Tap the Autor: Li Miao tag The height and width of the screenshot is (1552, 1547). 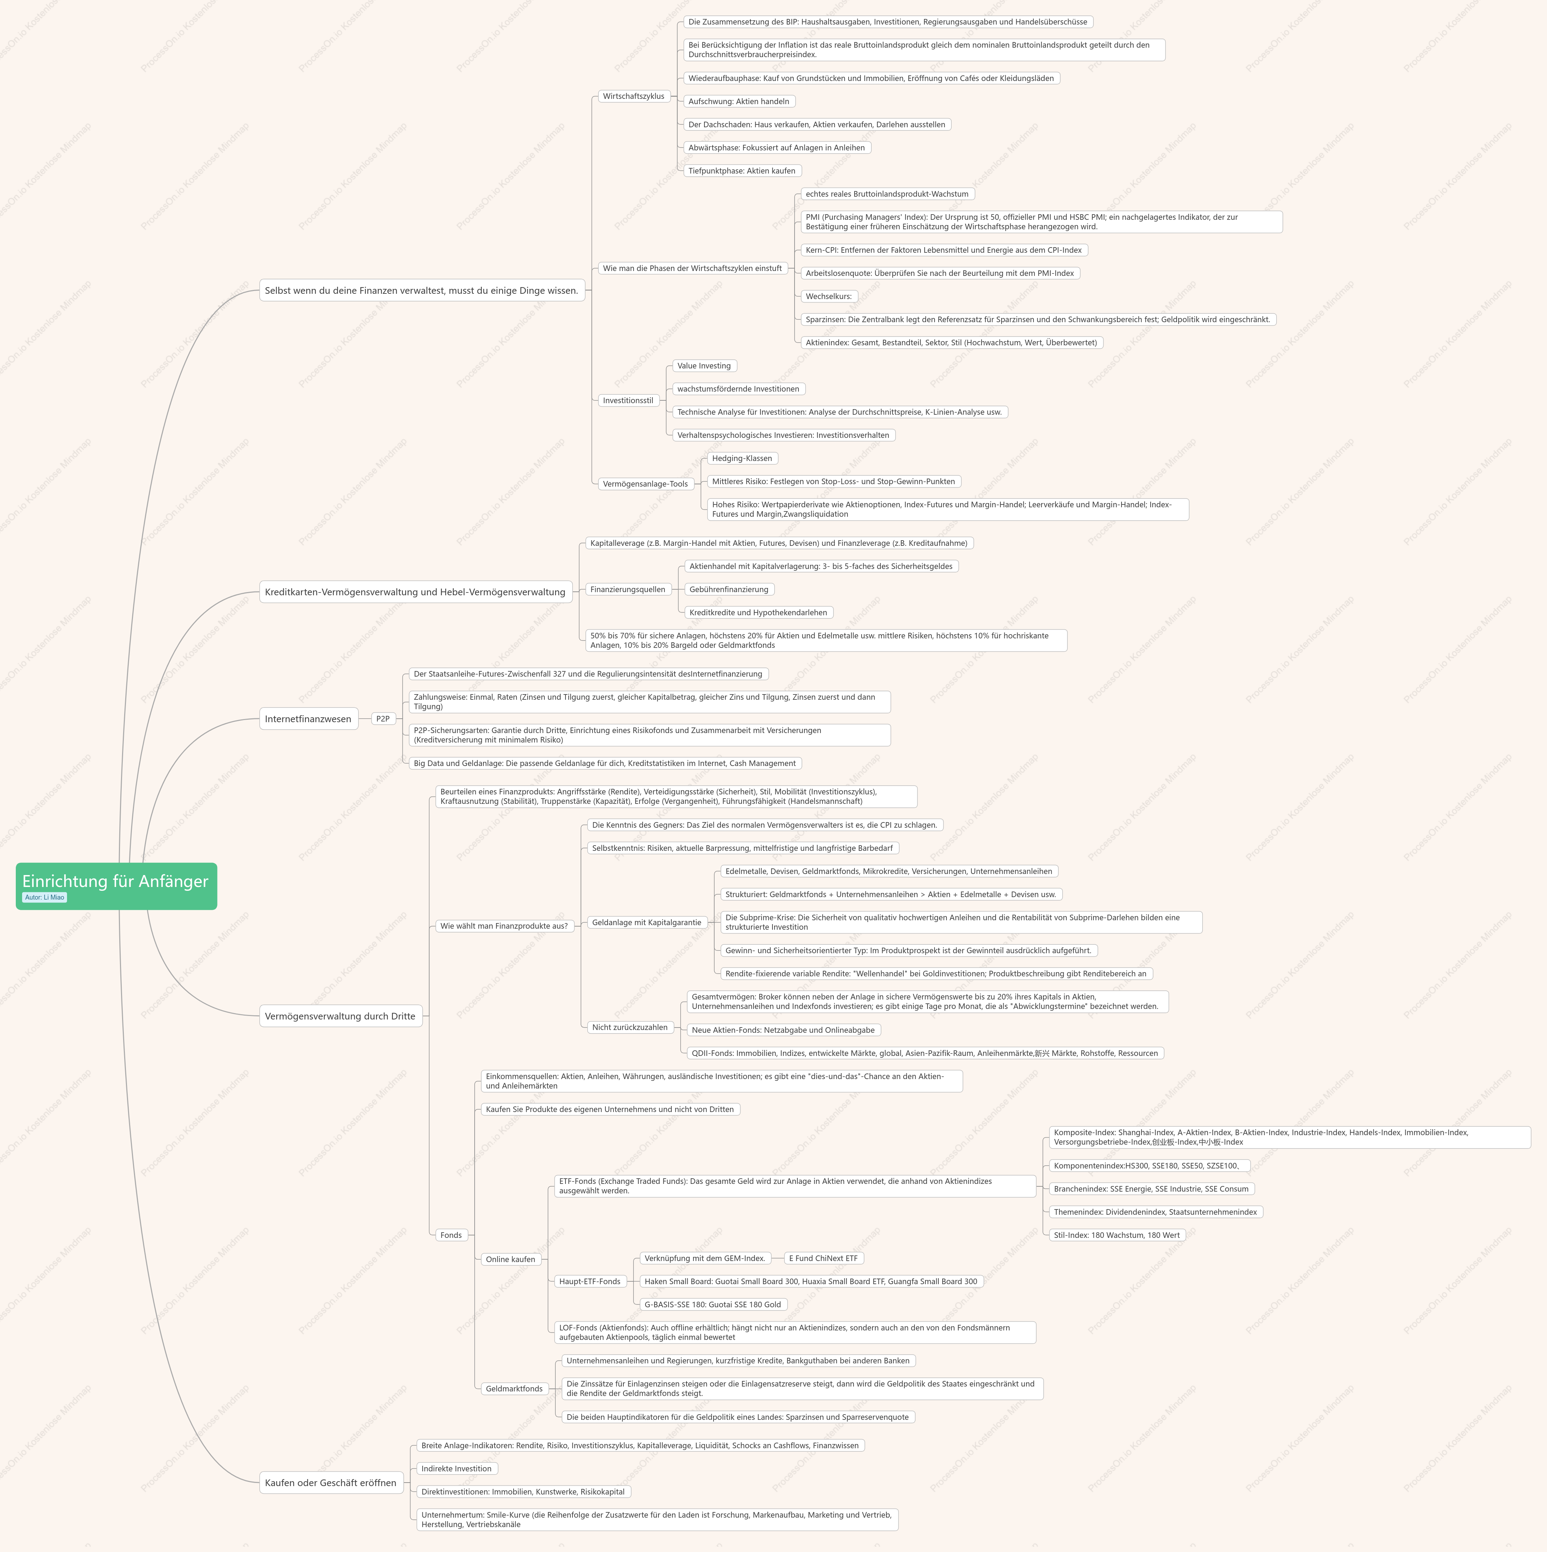click(44, 897)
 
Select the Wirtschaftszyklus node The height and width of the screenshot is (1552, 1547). click(633, 96)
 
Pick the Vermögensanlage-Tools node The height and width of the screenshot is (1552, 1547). click(645, 483)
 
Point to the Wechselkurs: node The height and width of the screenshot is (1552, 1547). click(829, 297)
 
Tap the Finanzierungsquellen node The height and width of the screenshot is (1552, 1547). click(628, 590)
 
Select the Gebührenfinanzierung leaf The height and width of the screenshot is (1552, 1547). click(729, 590)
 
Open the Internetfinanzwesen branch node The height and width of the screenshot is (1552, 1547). click(308, 719)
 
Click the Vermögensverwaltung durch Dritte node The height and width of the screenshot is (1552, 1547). click(340, 1016)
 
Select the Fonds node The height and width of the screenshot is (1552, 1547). click(451, 1235)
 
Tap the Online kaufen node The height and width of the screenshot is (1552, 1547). click(510, 1260)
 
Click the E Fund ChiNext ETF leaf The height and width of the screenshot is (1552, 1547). click(823, 1259)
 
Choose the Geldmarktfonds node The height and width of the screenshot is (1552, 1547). click(514, 1389)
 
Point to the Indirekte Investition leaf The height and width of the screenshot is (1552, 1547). click(456, 1469)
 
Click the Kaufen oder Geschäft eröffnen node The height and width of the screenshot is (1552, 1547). click(330, 1483)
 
